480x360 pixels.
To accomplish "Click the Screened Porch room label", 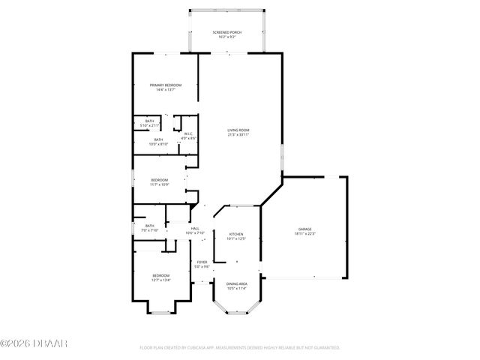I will tap(226, 32).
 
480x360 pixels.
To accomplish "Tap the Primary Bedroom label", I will tap(166, 85).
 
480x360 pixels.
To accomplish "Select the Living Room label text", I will tap(238, 130).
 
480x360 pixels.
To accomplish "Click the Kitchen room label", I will tap(236, 234).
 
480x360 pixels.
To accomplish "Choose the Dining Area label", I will tap(236, 283).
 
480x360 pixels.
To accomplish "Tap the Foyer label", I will tap(202, 262).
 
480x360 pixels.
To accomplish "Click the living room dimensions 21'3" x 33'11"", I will tap(238, 135).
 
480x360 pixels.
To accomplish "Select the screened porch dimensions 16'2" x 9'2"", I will tap(226, 37).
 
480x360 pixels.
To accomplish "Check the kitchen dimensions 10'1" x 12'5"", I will tap(236, 239).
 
